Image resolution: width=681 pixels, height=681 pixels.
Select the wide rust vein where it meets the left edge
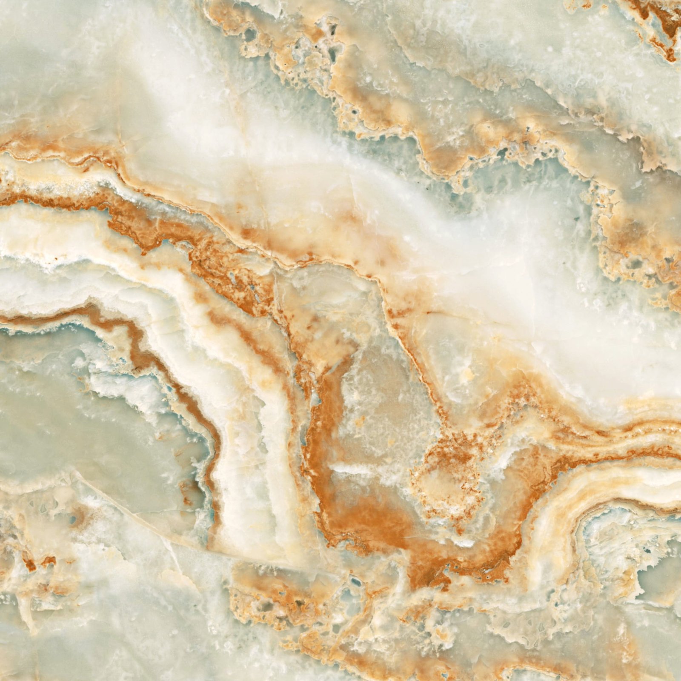coord(13,200)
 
